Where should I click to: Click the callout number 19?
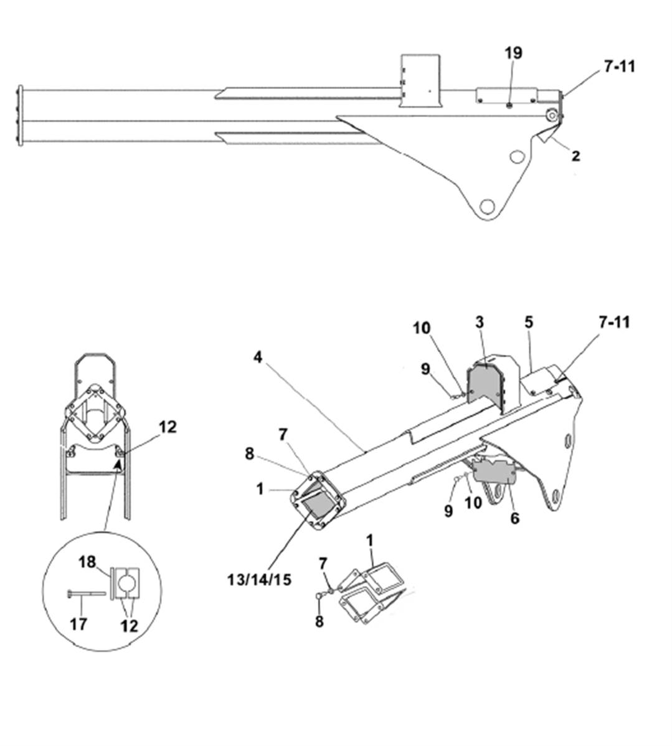coord(513,53)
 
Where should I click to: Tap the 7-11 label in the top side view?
coord(620,67)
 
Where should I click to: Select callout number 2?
coord(576,156)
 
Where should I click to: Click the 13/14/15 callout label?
coord(259,580)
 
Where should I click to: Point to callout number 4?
coord(257,357)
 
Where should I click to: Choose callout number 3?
coord(480,322)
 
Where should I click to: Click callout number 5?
coord(529,322)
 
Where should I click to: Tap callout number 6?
coord(514,517)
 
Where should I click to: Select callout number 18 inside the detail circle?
coord(87,562)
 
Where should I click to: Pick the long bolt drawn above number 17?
coord(86,593)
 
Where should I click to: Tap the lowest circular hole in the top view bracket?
coord(487,207)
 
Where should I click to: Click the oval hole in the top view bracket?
coord(516,156)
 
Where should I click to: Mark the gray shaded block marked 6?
coord(493,471)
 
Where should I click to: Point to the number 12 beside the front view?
coord(168,427)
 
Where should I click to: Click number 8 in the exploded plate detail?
coord(319,621)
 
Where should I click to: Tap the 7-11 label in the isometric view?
coord(614,322)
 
